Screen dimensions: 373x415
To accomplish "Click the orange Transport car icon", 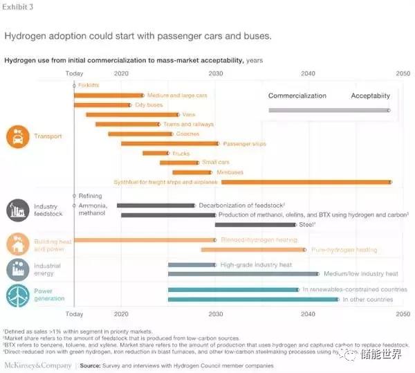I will pos(17,137).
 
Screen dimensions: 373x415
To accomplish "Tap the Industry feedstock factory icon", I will pos(17,210).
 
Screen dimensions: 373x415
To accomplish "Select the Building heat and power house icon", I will pos(17,244).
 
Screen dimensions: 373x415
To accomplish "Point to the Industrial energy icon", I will pos(17,269).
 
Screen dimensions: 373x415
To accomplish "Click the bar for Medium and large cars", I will pos(109,95).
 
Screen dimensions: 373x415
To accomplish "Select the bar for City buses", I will pos(102,105).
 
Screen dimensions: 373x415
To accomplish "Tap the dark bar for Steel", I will pos(255,225).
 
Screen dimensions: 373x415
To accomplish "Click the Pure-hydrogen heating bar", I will pos(252,249).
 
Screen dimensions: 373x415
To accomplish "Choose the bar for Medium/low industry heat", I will pos(243,274).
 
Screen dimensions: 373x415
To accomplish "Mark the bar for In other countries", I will pos(252,299).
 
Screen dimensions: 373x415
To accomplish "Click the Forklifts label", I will pos(89,84).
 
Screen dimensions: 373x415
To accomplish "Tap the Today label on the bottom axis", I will pos(74,313).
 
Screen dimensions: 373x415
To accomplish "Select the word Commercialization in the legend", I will pos(297,95).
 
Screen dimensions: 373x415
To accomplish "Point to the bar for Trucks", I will pos(156,153).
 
